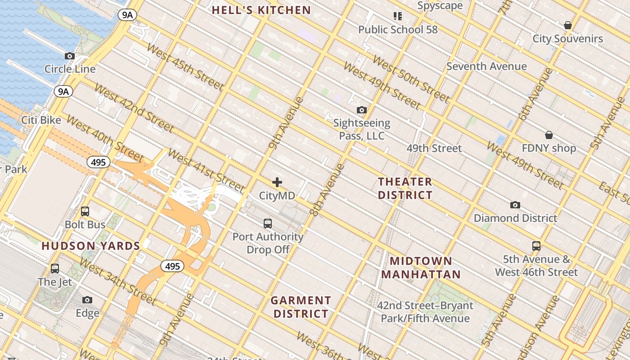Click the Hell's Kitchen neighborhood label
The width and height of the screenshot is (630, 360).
[261, 10]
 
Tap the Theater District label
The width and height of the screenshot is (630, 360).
[405, 188]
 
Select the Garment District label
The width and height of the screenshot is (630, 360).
[301, 307]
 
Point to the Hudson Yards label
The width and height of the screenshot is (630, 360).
[91, 246]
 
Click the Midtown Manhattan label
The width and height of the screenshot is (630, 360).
[421, 267]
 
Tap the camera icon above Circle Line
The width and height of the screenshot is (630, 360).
[70, 56]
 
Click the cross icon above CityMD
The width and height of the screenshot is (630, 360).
[277, 182]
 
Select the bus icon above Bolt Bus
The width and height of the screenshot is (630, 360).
[85, 211]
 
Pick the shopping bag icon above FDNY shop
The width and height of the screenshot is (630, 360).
[549, 135]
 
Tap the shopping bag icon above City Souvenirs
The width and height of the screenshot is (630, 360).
[568, 25]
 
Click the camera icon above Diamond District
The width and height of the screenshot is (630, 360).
[515, 205]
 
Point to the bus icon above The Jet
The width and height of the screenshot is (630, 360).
[55, 269]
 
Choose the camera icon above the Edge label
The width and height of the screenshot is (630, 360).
[87, 300]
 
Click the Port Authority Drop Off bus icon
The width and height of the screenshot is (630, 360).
[268, 223]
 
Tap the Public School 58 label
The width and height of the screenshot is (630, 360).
[398, 30]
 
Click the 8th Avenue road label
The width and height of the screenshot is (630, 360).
[327, 190]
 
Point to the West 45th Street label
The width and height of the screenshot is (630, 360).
[185, 66]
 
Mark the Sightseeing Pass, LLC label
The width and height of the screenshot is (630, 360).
[362, 129]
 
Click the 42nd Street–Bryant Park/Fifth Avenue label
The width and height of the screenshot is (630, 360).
[425, 312]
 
